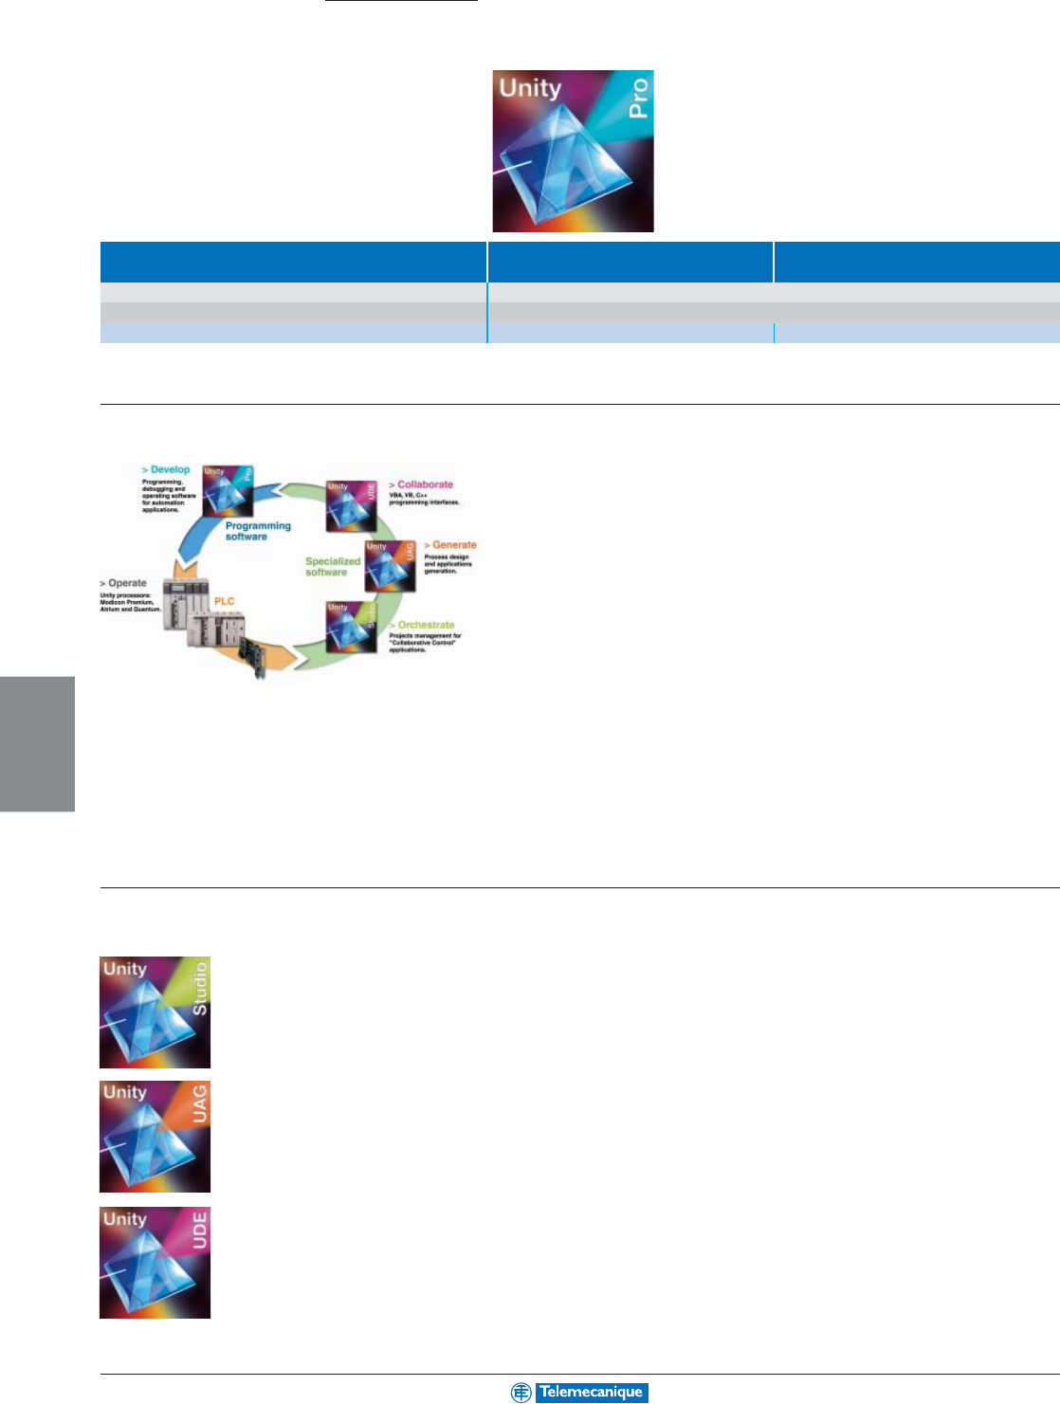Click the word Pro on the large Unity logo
pyautogui.click(x=639, y=98)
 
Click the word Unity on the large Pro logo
pyautogui.click(x=530, y=88)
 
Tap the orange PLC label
pyautogui.click(x=224, y=601)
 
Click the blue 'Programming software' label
pyautogui.click(x=257, y=531)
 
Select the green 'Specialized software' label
pyautogui.click(x=332, y=567)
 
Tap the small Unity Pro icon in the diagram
pyautogui.click(x=228, y=489)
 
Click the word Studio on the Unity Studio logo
pyautogui.click(x=199, y=989)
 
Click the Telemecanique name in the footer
pyautogui.click(x=591, y=1393)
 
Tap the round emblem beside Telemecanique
pyautogui.click(x=521, y=1393)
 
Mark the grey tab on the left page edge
pyautogui.click(x=37, y=743)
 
